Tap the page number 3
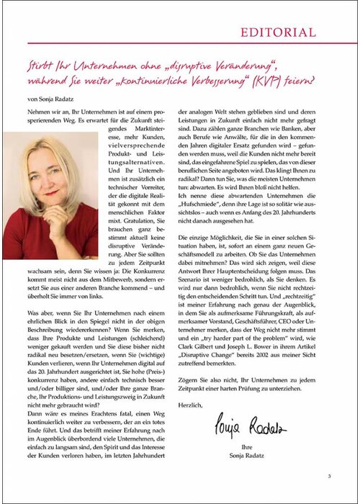[329, 476]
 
